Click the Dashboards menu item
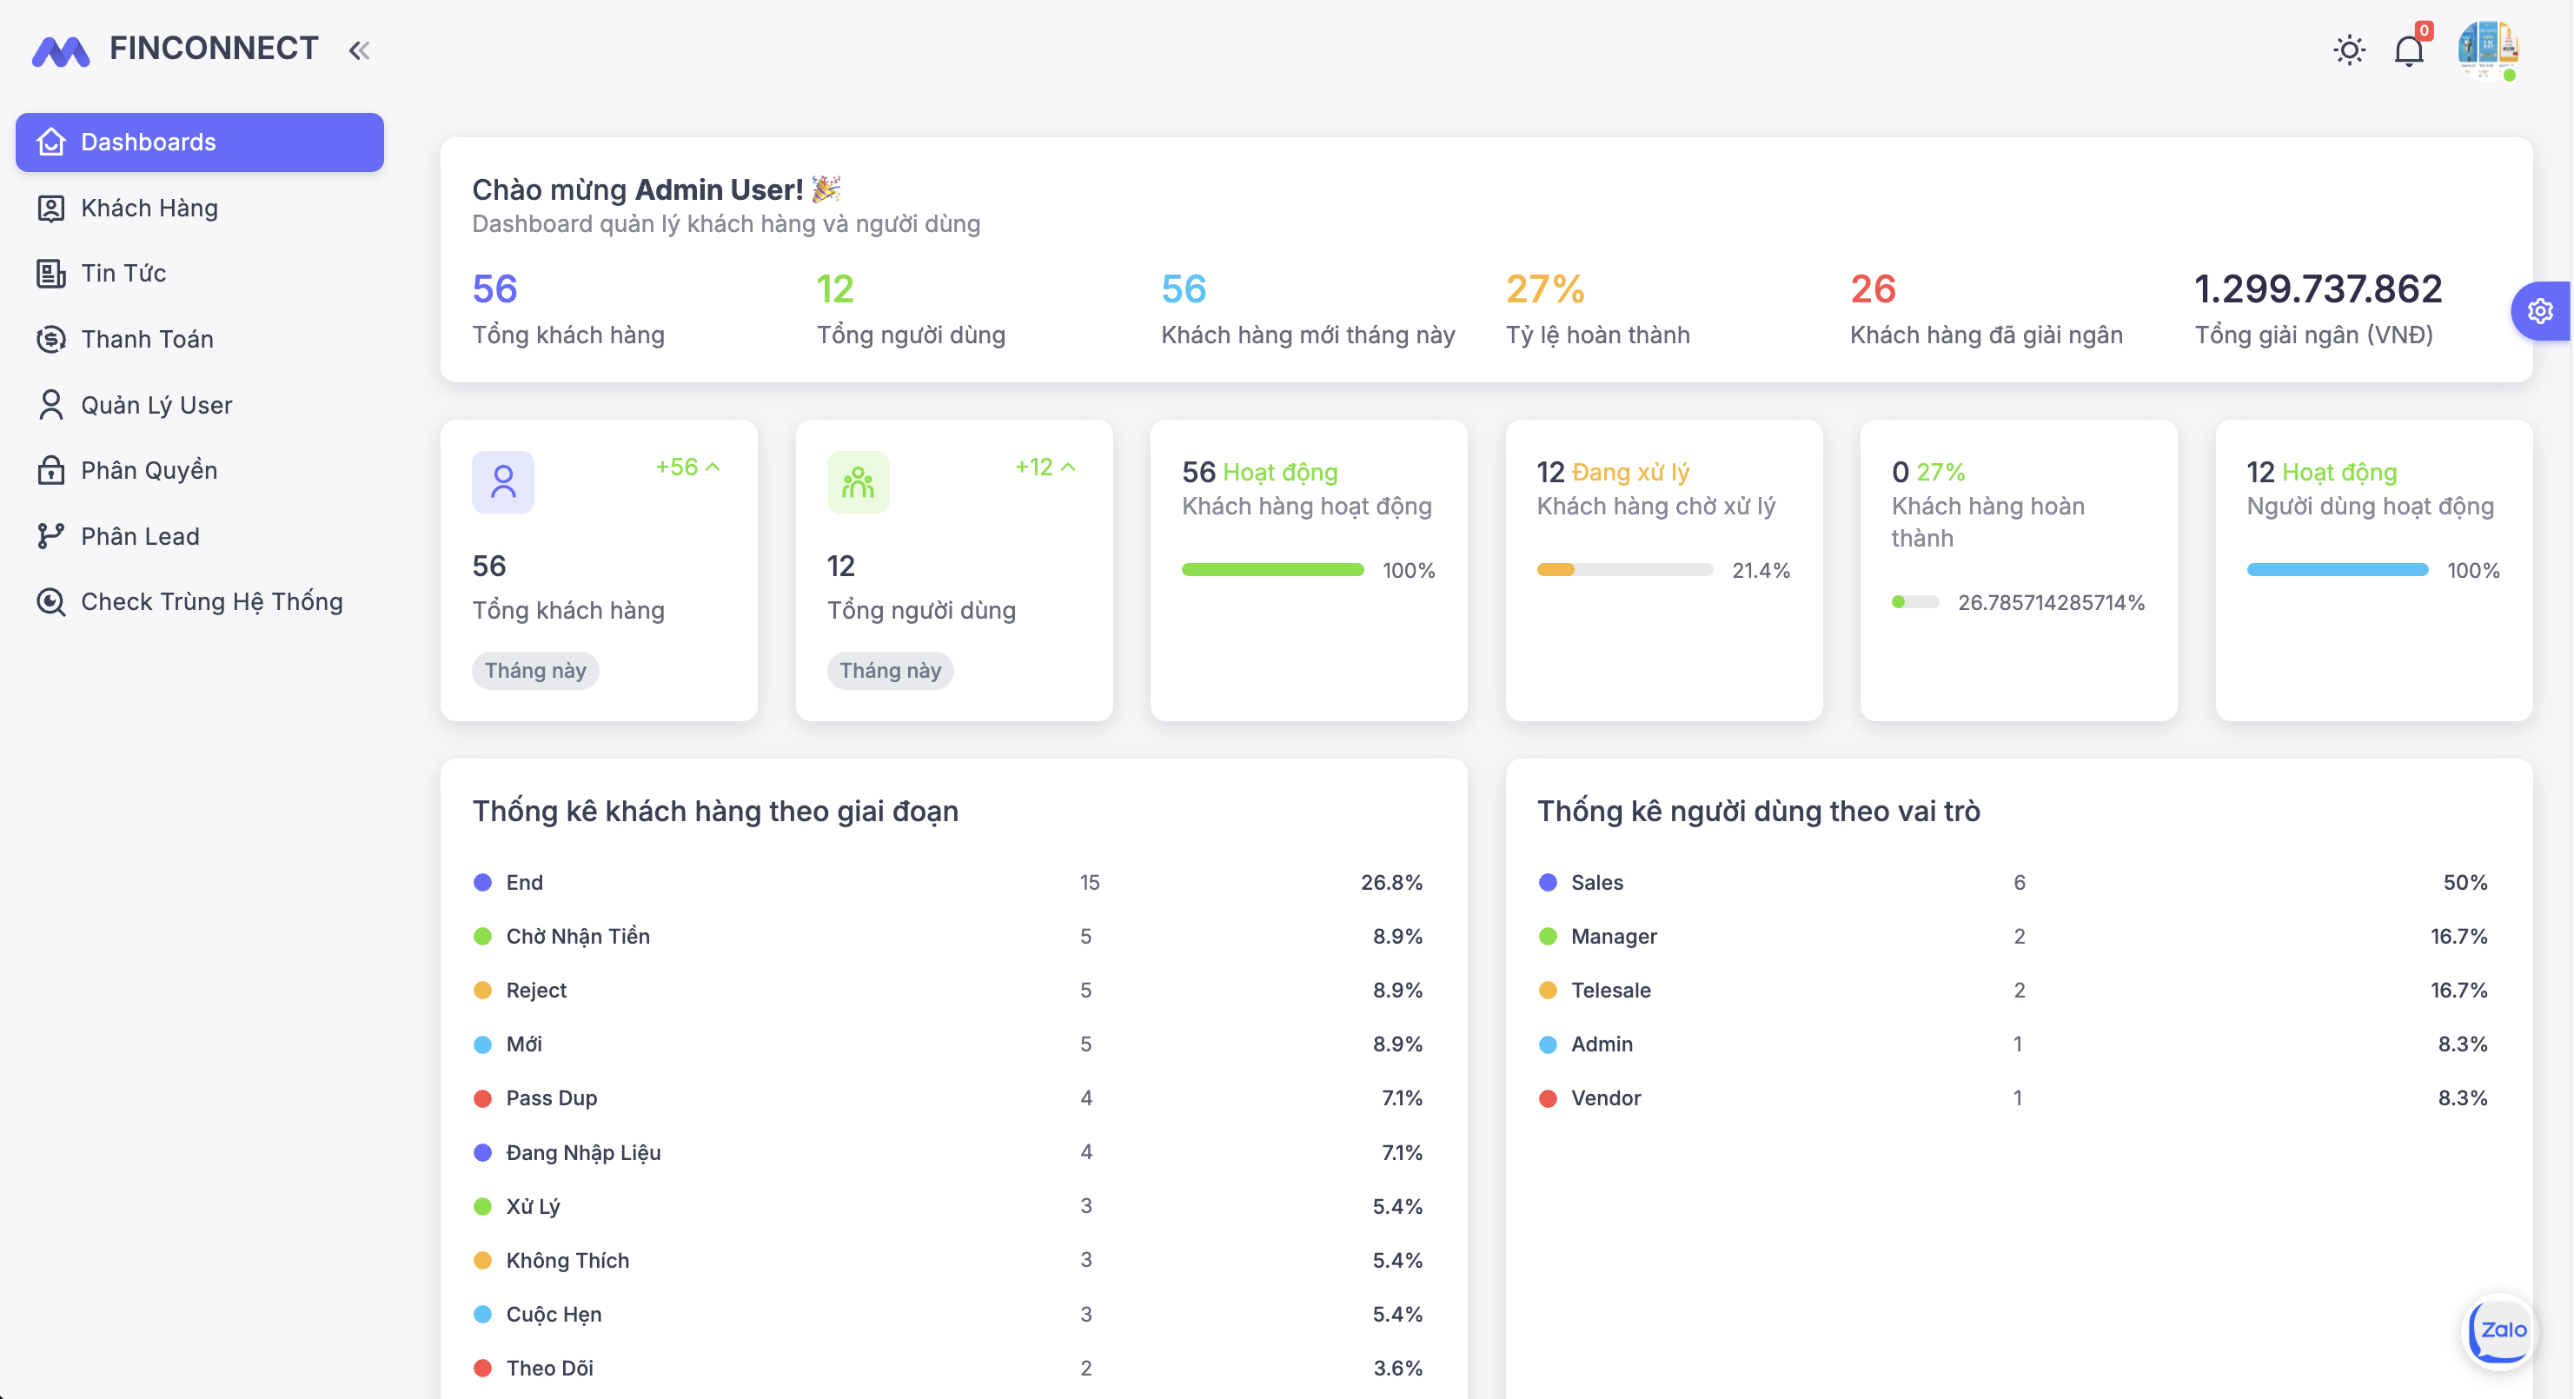pyautogui.click(x=199, y=142)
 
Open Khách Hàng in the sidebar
pyautogui.click(x=149, y=208)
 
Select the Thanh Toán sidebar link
pyautogui.click(x=147, y=339)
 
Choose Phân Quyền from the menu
pyautogui.click(x=149, y=469)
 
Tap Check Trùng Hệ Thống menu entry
pyautogui.click(x=211, y=601)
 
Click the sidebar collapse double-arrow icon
pyautogui.click(x=360, y=50)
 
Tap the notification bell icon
pyautogui.click(x=2408, y=51)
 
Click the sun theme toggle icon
pyautogui.click(x=2349, y=50)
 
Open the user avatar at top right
pyautogui.click(x=2487, y=48)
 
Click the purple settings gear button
pyautogui.click(x=2540, y=312)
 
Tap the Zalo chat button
pyautogui.click(x=2501, y=1330)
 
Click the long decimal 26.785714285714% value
pyautogui.click(x=2050, y=602)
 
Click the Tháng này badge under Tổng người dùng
pyautogui.click(x=889, y=671)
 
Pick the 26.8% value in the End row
pyautogui.click(x=1391, y=882)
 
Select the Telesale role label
pyautogui.click(x=1611, y=991)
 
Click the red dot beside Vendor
pyautogui.click(x=1548, y=1098)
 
